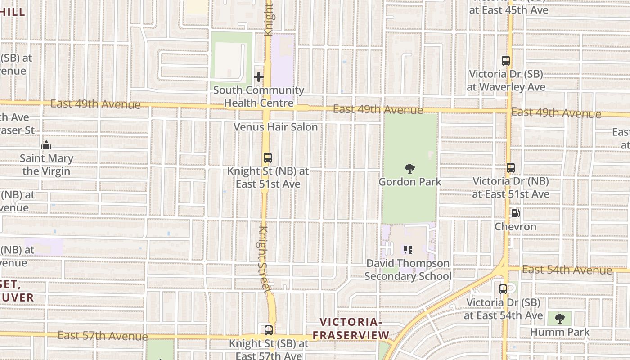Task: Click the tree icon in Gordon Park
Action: click(409, 169)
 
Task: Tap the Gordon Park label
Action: click(409, 182)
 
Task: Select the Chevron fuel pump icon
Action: click(515, 213)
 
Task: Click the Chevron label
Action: click(515, 226)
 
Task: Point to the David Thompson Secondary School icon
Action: click(408, 249)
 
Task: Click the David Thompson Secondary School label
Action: click(408, 270)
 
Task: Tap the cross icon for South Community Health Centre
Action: click(258, 77)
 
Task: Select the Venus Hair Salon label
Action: click(275, 127)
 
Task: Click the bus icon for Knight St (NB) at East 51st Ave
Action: click(268, 158)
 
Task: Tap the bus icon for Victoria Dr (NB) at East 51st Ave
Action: click(510, 168)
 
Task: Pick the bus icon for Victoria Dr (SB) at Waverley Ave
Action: click(506, 61)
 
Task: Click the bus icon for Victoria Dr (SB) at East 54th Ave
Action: click(503, 289)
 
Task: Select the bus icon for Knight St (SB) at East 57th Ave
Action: click(269, 330)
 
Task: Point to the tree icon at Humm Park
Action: click(559, 319)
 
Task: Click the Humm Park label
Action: click(559, 332)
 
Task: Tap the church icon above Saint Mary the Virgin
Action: click(46, 145)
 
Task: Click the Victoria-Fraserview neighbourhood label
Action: click(351, 328)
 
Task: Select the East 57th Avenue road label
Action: click(103, 336)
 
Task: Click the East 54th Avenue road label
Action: click(567, 270)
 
